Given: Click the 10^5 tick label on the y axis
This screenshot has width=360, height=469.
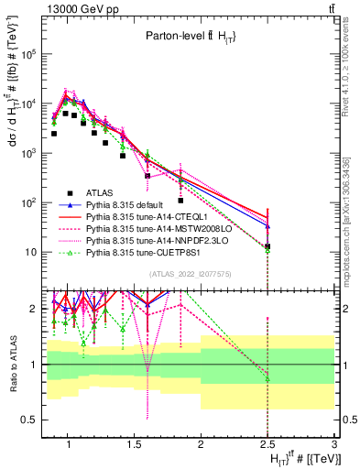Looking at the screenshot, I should pos(28,54).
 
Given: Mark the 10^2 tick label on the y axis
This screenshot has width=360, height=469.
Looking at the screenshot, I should pos(28,202).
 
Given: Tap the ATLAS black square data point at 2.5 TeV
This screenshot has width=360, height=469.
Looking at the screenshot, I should pos(267,246).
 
